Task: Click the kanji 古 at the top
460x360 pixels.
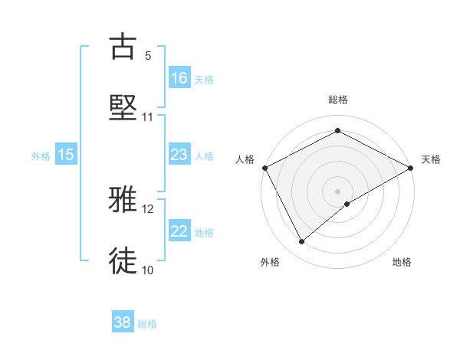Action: point(123,46)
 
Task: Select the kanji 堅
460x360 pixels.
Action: point(123,108)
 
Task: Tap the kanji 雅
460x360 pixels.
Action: point(123,200)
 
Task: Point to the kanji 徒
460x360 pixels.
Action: point(123,261)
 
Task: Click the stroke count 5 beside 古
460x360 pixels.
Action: point(148,55)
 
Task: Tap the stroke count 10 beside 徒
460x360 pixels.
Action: point(148,270)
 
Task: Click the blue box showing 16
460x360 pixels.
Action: point(179,78)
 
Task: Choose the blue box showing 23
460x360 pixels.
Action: point(179,155)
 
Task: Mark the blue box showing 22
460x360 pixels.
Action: point(179,231)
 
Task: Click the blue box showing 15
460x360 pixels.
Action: point(66,155)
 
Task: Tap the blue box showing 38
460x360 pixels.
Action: point(123,323)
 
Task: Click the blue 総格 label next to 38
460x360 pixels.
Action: point(147,324)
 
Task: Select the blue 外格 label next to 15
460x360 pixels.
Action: point(41,155)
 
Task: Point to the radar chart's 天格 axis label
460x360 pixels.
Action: point(432,159)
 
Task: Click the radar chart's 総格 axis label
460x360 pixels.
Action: point(338,100)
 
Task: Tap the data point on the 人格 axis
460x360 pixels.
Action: point(264,167)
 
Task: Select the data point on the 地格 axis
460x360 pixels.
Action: point(347,204)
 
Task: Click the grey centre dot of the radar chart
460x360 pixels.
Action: point(338,191)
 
